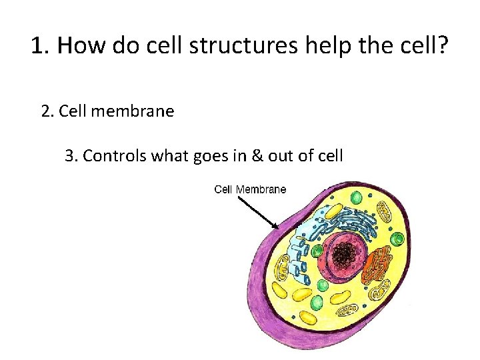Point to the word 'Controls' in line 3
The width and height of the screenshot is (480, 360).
coord(115,156)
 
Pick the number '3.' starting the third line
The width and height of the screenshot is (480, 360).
coord(72,156)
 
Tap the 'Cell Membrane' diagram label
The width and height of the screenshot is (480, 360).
coord(250,189)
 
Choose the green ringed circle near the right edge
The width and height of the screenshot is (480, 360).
coord(398,239)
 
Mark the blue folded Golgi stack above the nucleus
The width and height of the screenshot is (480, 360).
coord(353,223)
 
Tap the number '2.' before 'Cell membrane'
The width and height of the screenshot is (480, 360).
coord(48,111)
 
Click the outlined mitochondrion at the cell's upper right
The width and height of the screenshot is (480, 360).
coord(385,212)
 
